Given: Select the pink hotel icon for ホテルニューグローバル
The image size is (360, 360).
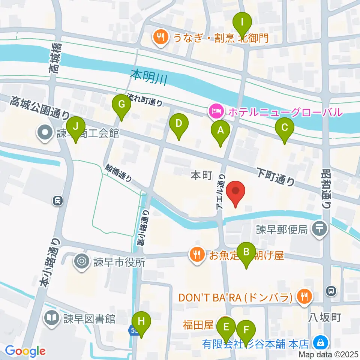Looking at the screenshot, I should tap(217, 111).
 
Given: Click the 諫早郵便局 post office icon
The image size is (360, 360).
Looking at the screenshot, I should tap(320, 228).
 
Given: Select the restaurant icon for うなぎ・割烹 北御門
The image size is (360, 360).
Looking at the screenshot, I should tap(161, 37).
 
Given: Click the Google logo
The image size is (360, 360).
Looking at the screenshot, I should tap(25, 351).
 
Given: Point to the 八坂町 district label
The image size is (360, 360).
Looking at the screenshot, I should tap(325, 318).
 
